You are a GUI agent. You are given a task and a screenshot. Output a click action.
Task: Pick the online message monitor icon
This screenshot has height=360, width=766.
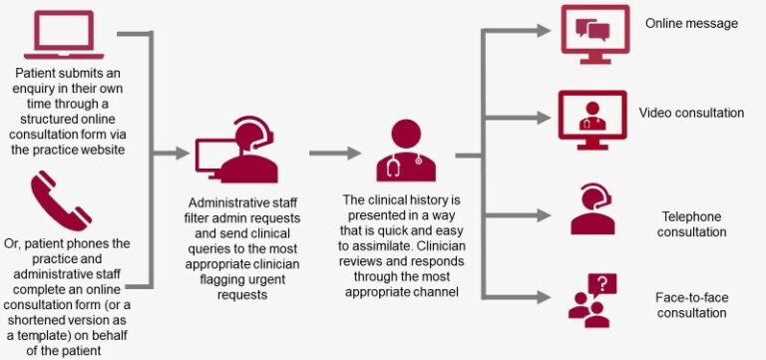point(595,34)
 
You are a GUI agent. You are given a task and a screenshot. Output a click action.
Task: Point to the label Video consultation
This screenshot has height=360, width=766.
point(691,113)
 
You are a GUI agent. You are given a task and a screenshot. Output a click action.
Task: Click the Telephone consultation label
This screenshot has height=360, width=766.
point(691,224)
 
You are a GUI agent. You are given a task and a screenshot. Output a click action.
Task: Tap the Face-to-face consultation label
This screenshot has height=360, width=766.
point(691,304)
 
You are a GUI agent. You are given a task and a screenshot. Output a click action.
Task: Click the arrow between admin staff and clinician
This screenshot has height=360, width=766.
point(334,154)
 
